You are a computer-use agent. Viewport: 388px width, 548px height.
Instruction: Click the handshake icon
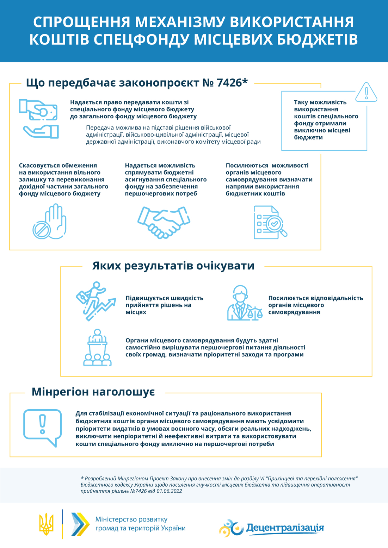click(x=164, y=222)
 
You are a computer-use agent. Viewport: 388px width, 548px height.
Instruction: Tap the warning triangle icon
click(x=366, y=92)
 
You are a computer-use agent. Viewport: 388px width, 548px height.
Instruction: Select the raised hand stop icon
click(x=50, y=222)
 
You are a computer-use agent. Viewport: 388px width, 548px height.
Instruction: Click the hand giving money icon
click(x=39, y=119)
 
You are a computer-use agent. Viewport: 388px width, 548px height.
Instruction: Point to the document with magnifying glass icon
click(x=270, y=222)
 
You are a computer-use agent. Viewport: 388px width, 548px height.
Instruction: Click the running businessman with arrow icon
click(x=96, y=301)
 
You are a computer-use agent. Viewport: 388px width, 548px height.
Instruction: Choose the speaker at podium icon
click(x=97, y=348)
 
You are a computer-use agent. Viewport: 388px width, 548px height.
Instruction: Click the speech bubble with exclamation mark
click(x=43, y=427)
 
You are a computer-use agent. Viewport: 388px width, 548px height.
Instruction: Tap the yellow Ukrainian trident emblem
click(x=46, y=524)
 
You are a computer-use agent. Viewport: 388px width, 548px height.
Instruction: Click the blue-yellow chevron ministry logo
click(x=80, y=524)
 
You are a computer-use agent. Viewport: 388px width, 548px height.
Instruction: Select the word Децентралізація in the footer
click(x=285, y=528)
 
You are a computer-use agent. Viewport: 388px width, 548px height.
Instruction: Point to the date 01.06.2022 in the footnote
click(x=169, y=491)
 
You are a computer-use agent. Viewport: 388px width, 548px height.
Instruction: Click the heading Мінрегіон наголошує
click(x=93, y=392)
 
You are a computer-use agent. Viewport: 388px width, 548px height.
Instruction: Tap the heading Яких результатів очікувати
click(x=173, y=266)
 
